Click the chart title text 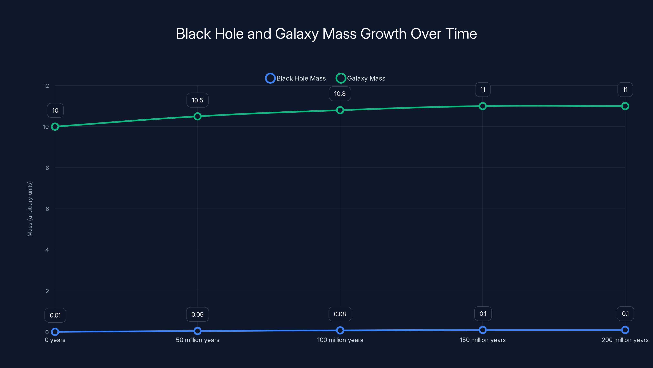coord(326,34)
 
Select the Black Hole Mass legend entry coord(295,78)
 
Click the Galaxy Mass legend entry coord(361,78)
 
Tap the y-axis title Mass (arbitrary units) coord(30,209)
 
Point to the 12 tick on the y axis coord(46,86)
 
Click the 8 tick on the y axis coord(47,168)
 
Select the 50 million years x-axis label coord(198,340)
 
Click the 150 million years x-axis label coord(482,340)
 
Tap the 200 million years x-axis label coord(625,340)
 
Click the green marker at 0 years coord(55,127)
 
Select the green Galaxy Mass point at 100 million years coord(340,110)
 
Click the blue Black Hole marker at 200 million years coord(625,330)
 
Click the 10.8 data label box coord(340,94)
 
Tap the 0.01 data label coord(55,315)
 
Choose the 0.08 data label coord(340,314)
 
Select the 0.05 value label coord(197,315)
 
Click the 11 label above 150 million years coord(482,90)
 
